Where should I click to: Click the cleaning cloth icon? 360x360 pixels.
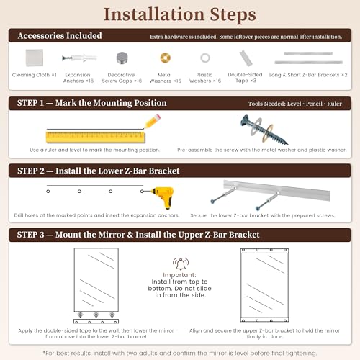point(35,58)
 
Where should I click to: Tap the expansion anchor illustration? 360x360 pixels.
point(79,58)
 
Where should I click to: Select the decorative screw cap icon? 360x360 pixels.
point(122,58)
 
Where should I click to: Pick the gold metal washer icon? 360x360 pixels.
point(166,58)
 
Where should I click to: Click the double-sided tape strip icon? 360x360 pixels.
point(246,58)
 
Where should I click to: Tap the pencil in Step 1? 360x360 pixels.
point(153,121)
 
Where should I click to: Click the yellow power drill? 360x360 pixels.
point(163,197)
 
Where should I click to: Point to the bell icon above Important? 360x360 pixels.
point(181,264)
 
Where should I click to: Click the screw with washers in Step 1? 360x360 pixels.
point(264,130)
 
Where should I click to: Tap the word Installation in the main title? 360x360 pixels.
point(154,14)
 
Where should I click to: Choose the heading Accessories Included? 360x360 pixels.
point(60,36)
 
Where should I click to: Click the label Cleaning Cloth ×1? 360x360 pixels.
point(35,75)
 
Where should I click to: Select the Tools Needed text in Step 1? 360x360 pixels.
point(295,104)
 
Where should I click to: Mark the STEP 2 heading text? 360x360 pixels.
point(98,171)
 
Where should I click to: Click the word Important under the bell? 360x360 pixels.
point(179,275)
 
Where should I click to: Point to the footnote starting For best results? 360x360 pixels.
point(180,354)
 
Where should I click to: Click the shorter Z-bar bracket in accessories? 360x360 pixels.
point(308,53)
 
